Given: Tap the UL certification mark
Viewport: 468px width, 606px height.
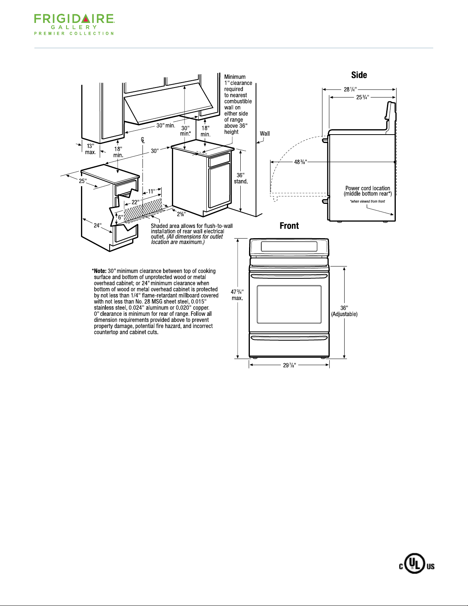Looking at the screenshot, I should [x=417, y=566].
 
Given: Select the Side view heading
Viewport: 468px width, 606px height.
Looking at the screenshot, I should [x=359, y=75].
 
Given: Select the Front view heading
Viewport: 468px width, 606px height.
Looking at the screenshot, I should [x=289, y=226].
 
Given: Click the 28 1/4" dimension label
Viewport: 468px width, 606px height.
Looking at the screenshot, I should [x=350, y=89].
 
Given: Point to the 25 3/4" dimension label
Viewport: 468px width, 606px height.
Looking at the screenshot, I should [x=363, y=97].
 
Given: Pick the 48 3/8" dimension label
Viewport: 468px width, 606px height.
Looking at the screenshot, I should [x=300, y=162].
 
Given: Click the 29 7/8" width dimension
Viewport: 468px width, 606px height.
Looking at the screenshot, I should [x=289, y=365].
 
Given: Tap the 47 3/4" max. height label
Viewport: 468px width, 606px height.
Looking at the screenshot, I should [x=237, y=295].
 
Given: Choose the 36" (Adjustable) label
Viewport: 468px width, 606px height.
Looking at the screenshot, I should [x=344, y=311].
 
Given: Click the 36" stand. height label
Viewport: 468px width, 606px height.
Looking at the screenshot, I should [x=241, y=178].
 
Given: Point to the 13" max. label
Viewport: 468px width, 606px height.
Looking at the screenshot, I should [x=90, y=149].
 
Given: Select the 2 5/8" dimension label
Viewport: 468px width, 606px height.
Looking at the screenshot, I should [x=181, y=214].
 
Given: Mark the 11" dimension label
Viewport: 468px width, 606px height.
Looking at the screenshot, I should [x=151, y=191].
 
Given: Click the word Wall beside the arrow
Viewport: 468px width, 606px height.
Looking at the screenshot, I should [x=265, y=133].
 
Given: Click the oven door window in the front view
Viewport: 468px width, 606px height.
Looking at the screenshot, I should [x=289, y=304].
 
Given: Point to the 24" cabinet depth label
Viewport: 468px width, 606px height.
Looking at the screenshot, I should [x=97, y=226].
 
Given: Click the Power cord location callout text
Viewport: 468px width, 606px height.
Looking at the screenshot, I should [x=368, y=191].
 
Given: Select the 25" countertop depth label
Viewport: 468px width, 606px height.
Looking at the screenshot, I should [x=83, y=181].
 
